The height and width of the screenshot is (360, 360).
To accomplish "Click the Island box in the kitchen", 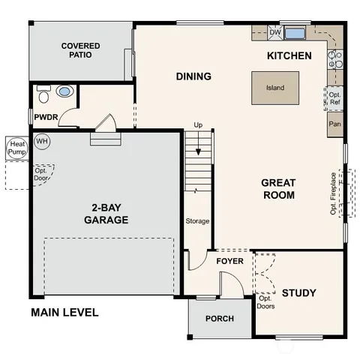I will pos(275,88).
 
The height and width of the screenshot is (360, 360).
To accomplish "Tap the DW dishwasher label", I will pos(275,32).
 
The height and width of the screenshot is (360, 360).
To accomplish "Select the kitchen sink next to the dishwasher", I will pos(295,32).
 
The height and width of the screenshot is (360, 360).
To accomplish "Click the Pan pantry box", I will pos(335,124).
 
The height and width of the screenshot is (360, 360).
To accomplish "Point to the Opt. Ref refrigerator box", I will pos(335,98).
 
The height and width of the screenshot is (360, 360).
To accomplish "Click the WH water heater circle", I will pos(42,141).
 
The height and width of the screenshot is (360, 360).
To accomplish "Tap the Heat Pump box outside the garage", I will pos(16,147).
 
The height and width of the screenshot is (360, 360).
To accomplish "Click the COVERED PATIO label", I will pos(80,51).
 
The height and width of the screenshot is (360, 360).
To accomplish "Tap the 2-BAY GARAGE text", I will pos(105,214).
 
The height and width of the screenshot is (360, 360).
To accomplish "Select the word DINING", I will pos(193,76).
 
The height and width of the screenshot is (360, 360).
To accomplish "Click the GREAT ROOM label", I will pos(278,189).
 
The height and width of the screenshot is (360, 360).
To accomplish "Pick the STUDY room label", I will pos(298,292).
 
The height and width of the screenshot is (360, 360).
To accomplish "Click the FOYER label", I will pos(229,261).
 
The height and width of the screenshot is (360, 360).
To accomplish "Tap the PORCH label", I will pos(219,319).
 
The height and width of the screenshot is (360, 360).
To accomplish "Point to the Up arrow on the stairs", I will pos(198,124).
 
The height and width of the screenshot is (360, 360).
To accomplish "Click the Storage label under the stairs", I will pos(198,221).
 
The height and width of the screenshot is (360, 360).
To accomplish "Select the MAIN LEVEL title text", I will pos(64,312).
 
